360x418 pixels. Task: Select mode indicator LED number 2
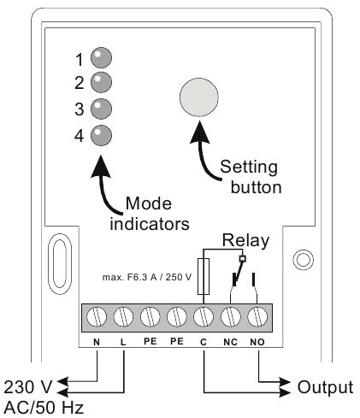(102, 82)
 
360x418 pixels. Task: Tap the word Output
(324, 387)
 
